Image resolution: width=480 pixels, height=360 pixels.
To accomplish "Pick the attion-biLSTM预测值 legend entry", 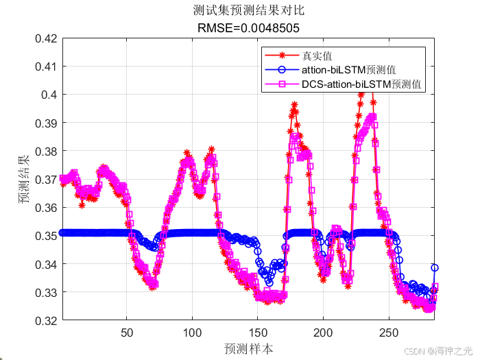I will click(x=348, y=70).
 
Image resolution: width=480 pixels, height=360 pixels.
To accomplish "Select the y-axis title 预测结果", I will click(x=24, y=180).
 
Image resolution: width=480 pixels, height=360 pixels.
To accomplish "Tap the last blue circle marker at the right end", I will click(x=434, y=268).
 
